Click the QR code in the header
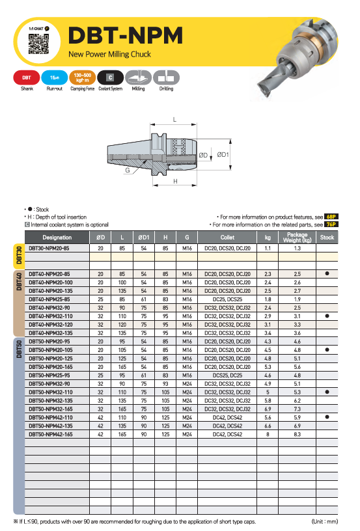[38, 44]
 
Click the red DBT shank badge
[27, 77]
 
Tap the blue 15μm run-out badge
[54, 77]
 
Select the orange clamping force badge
[82, 77]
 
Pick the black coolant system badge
[110, 77]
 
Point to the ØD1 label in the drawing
[223, 155]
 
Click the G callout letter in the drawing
[128, 170]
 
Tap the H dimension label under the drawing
[175, 182]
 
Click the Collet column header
[227, 238]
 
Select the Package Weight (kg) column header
[298, 238]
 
